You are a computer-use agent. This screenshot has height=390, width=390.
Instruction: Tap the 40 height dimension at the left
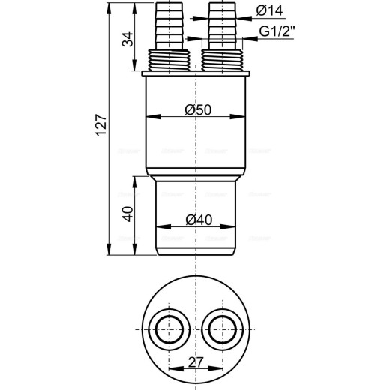[127, 214]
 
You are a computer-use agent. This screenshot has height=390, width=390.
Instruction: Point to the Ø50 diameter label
[197, 110]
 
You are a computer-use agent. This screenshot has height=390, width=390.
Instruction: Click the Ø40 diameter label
[197, 220]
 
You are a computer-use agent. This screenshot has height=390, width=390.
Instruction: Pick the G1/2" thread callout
[277, 33]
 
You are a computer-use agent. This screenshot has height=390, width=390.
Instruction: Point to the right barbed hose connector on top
[218, 26]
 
